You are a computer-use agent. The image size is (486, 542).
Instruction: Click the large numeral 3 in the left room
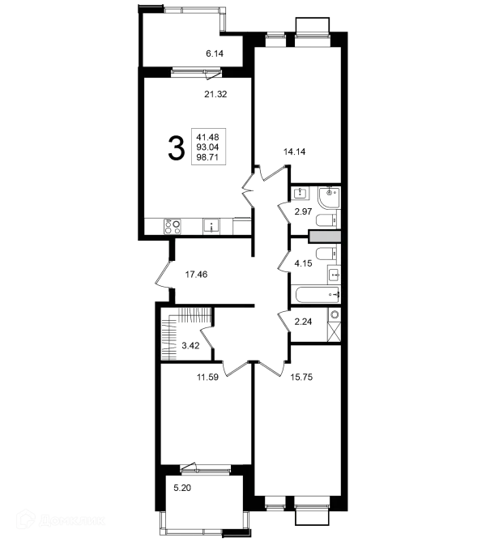pyautogui.click(x=173, y=146)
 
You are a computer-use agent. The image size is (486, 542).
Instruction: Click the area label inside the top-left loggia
pyautogui.click(x=213, y=53)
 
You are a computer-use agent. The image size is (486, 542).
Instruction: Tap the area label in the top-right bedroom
pyautogui.click(x=292, y=149)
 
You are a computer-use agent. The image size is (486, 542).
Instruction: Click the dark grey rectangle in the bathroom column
pyautogui.click(x=322, y=237)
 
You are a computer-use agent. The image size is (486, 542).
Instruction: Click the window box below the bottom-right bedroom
pyautogui.click(x=311, y=515)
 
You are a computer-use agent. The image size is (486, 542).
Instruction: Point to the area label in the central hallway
pyautogui.click(x=195, y=273)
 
